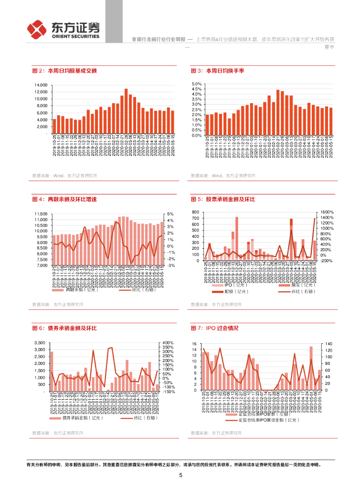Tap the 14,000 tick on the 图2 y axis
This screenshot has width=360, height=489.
[x=41, y=85]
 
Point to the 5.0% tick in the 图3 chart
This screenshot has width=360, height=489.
[x=197, y=84]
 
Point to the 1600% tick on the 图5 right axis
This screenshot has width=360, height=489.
[x=327, y=212]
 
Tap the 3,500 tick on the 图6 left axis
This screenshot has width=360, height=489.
[x=41, y=343]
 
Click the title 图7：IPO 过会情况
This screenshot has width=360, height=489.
[x=214, y=328]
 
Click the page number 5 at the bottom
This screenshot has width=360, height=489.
[x=180, y=475]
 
